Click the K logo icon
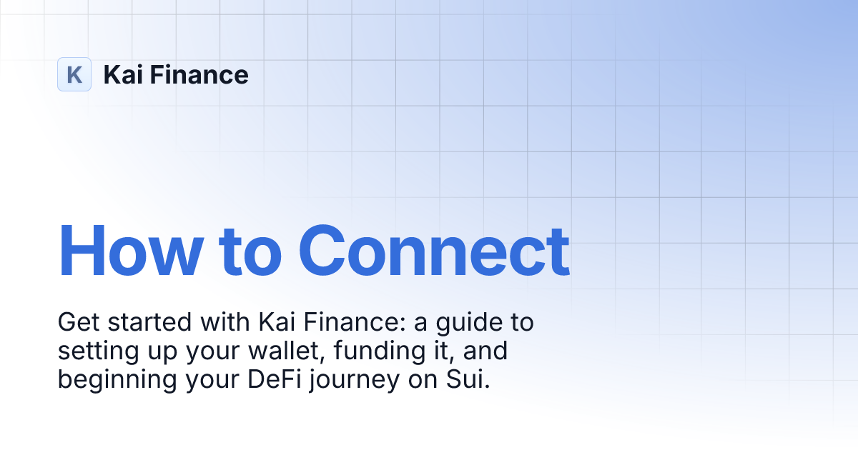[74, 74]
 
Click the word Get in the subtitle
[77, 323]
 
